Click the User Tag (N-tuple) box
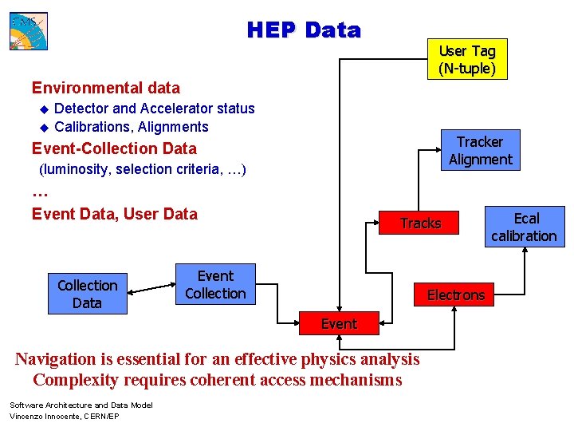coord(466,61)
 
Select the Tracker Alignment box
coord(480,150)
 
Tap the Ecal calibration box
coord(524,227)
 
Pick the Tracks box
coord(420,223)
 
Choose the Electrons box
coord(455,295)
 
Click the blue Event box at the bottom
coord(339,323)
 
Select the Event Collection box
coord(215,285)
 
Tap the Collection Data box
coord(87,294)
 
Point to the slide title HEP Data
coord(304,30)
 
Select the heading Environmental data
coord(105,88)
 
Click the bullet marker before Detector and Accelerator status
coord(45,109)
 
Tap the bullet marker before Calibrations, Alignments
coord(45,128)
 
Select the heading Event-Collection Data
coord(114,148)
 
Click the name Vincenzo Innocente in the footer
coord(41,417)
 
